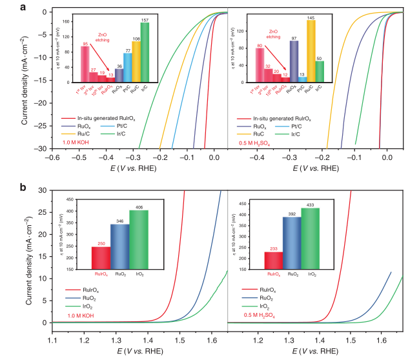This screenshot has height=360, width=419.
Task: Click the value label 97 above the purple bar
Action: click(x=294, y=39)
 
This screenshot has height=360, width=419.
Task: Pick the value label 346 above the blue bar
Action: click(x=119, y=221)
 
